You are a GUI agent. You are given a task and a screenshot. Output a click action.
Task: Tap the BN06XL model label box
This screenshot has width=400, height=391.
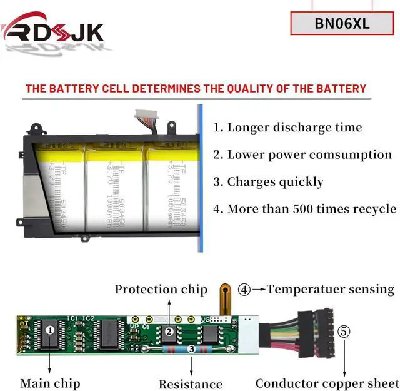pos(342,24)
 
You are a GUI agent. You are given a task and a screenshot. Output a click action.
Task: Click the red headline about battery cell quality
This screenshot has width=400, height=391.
pos(196,88)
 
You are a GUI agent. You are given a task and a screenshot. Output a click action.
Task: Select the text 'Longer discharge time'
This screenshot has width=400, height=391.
pos(295,128)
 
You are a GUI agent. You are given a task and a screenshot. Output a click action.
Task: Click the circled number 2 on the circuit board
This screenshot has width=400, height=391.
pos(169,332)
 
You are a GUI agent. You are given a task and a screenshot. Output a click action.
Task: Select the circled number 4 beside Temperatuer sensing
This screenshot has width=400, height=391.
pos(245,290)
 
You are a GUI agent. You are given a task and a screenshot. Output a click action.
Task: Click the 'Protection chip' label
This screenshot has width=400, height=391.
pos(161,289)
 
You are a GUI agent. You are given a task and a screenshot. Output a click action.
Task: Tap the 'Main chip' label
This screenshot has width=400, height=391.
pos(50,383)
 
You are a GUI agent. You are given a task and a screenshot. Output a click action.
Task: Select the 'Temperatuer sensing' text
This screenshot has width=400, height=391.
pos(331,289)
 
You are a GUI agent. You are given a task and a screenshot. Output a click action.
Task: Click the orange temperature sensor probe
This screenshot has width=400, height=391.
pos(225,298)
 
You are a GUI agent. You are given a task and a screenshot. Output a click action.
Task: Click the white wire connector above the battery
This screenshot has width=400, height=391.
pos(149,116)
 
